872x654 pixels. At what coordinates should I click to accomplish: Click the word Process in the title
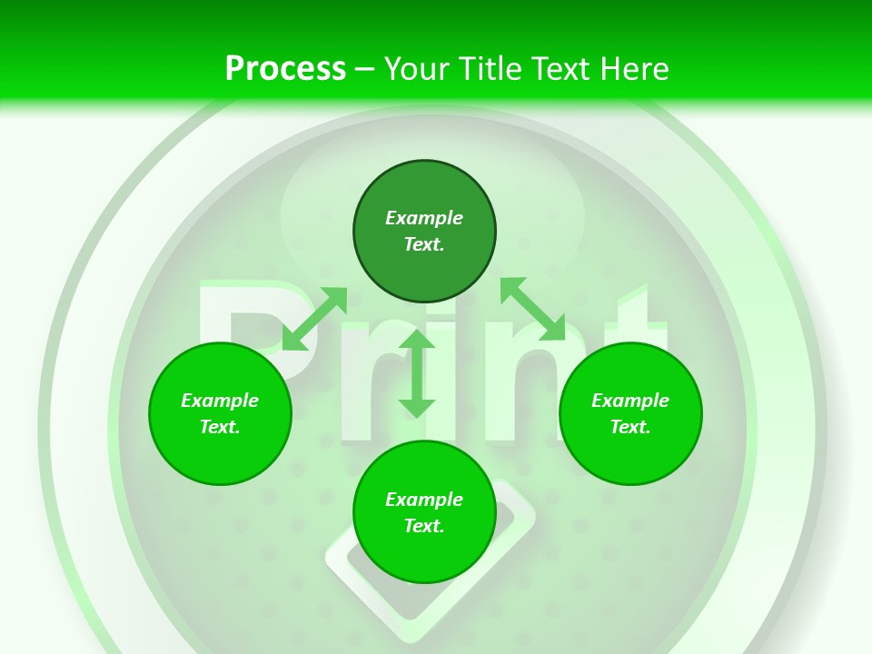point(285,68)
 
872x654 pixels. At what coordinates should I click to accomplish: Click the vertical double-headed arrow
point(417,373)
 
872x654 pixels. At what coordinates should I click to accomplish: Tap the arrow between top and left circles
point(314,318)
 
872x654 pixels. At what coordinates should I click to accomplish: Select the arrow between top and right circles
point(532,309)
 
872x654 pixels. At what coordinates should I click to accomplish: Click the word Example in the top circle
point(424,218)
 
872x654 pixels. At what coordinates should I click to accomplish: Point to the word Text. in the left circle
point(220,427)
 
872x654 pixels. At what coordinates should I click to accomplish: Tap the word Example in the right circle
point(630,401)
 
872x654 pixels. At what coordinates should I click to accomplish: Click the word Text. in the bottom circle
point(424,526)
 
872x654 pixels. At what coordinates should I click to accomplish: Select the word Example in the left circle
point(220,401)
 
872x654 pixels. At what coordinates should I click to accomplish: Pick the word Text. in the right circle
point(630,427)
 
